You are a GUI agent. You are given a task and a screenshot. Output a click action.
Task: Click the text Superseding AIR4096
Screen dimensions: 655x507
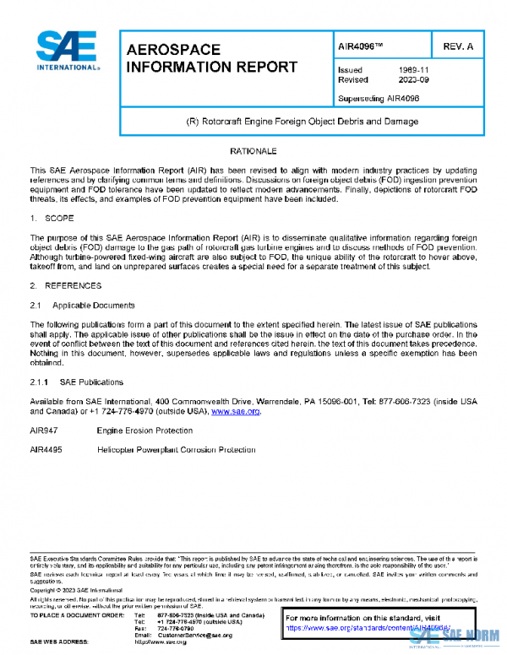pos(377,98)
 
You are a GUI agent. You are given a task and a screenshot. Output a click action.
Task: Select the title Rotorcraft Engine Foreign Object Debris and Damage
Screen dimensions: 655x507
pos(301,122)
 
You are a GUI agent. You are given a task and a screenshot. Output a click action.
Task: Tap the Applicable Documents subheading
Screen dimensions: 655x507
pos(91,304)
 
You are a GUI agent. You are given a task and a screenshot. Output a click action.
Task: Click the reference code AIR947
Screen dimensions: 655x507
pos(44,430)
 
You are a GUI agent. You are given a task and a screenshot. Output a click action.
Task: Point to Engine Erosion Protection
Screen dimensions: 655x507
pos(145,430)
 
